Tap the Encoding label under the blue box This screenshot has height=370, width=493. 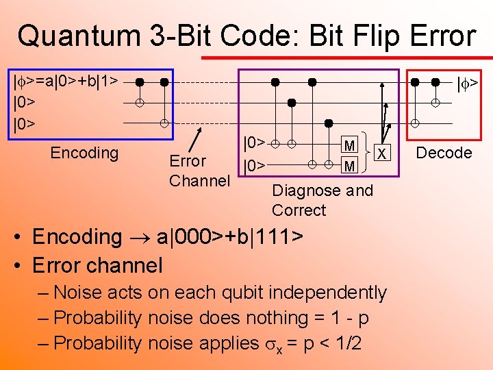[84, 152]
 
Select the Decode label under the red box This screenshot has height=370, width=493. [444, 152]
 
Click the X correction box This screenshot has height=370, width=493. [383, 153]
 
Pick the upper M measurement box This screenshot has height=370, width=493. [350, 145]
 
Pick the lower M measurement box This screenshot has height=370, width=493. [350, 166]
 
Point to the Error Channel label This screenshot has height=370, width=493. [199, 171]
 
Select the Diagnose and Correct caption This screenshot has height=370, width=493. [322, 200]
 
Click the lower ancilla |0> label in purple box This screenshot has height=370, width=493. [254, 166]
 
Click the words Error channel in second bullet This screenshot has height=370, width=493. [97, 264]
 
